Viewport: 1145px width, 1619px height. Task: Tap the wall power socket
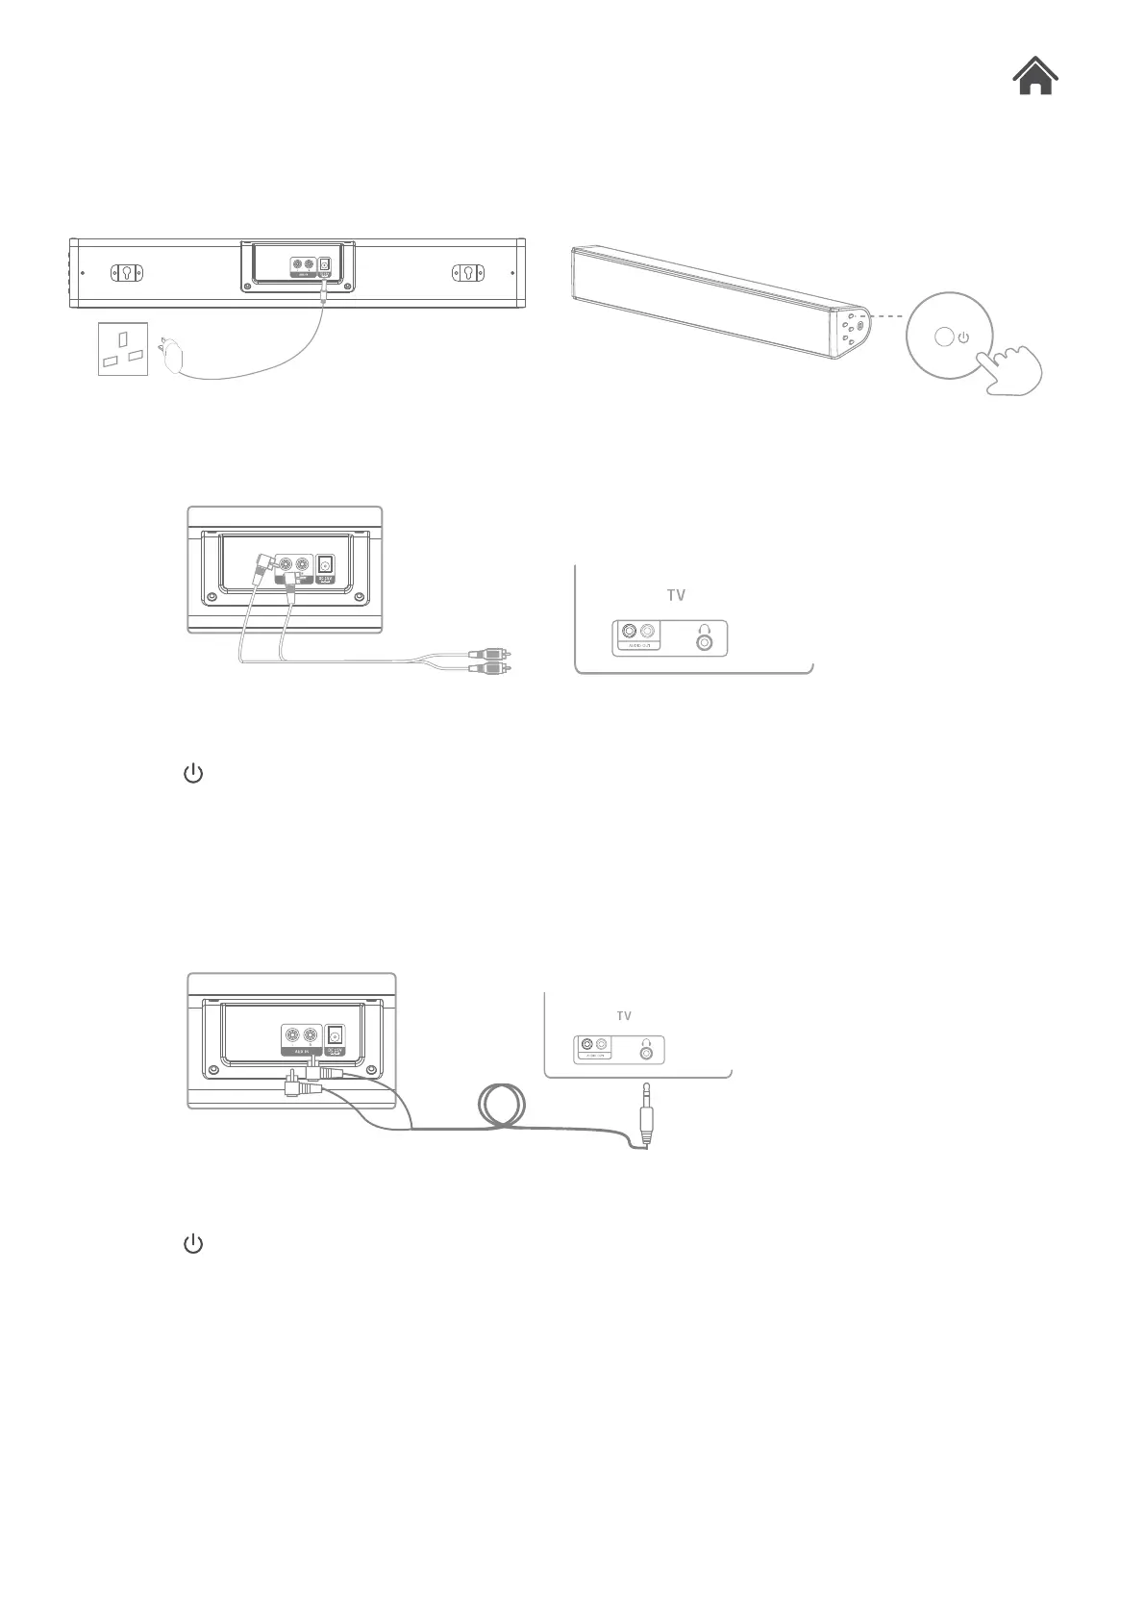coord(123,348)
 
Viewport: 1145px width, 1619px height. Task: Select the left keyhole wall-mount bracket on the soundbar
coord(127,272)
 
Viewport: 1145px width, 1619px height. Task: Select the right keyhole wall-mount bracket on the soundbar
coord(467,272)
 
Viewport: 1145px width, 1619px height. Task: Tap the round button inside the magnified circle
coord(944,337)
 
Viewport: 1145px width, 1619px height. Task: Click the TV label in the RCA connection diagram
coord(676,595)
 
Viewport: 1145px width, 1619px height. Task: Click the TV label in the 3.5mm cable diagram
coord(624,1015)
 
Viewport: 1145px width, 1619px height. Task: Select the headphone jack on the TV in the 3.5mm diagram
coord(646,1052)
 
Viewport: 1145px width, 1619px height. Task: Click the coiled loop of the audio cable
coord(502,1108)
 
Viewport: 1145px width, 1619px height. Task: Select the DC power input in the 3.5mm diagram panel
coord(336,1035)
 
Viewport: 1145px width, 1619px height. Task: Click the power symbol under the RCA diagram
coord(193,774)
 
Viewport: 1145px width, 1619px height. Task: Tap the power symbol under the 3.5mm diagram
coord(193,1244)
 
